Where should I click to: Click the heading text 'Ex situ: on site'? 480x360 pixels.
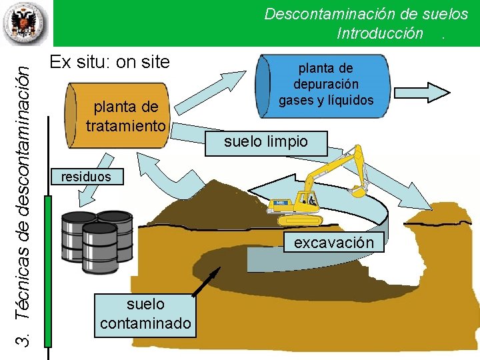tap(110, 63)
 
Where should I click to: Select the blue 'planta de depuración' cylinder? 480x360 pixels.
tap(325, 85)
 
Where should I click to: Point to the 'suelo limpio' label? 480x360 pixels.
tap(266, 141)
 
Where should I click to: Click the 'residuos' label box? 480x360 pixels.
tap(82, 177)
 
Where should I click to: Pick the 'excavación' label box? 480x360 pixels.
tap(334, 243)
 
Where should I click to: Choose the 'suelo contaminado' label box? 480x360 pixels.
tap(145, 314)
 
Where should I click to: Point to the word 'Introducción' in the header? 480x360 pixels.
tap(380, 33)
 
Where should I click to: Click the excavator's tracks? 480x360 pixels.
tap(300, 219)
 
